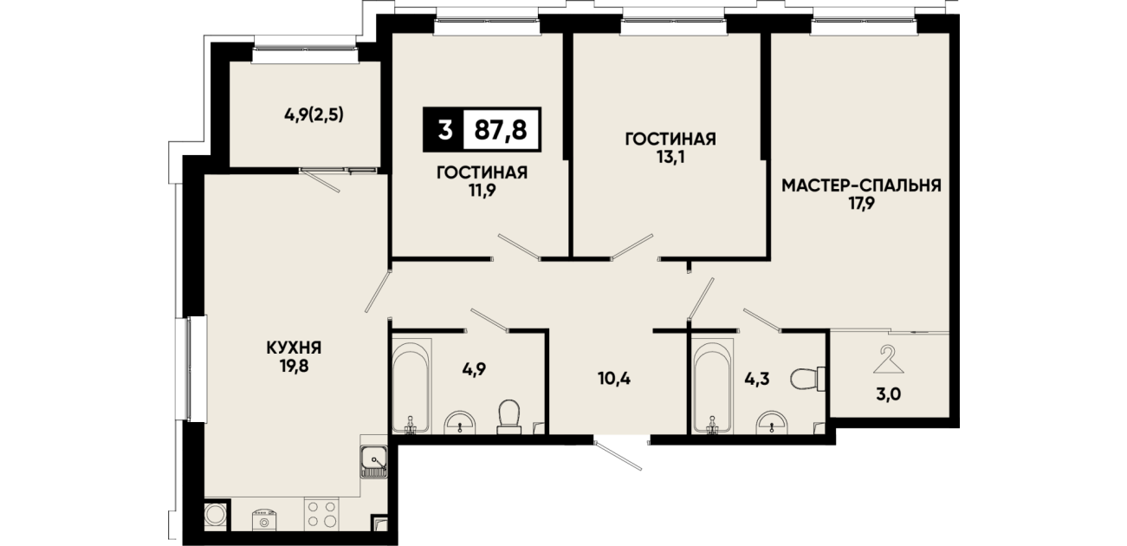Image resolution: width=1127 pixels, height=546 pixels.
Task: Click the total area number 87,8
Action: tap(501, 130)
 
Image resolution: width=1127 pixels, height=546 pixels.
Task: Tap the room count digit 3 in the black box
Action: tap(444, 130)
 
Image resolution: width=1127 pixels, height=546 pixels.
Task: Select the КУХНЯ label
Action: tap(294, 348)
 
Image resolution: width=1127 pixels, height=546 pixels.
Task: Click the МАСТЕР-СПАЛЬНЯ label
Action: tap(861, 185)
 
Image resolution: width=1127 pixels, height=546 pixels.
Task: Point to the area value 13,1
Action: tap(670, 157)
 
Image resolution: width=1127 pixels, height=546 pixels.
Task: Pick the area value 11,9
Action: tap(482, 191)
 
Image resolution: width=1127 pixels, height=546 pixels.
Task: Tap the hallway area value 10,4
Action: tap(614, 378)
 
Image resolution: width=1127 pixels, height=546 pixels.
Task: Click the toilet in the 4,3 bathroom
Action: tap(808, 379)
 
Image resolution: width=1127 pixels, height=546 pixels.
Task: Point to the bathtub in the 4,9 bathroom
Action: tap(411, 386)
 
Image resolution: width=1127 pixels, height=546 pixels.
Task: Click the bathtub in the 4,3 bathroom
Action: tap(712, 386)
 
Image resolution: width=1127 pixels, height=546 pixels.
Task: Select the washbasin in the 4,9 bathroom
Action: tap(460, 422)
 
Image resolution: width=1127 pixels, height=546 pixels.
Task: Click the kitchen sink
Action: tap(373, 461)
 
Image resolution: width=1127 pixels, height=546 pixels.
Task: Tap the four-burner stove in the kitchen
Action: tap(321, 514)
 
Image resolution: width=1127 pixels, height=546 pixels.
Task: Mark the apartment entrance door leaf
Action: tap(619, 455)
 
